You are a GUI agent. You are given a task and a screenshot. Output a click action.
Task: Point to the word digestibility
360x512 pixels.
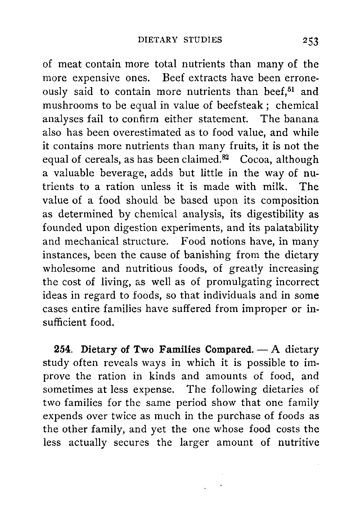click(274, 214)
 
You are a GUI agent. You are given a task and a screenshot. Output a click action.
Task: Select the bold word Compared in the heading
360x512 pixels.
click(228, 350)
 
